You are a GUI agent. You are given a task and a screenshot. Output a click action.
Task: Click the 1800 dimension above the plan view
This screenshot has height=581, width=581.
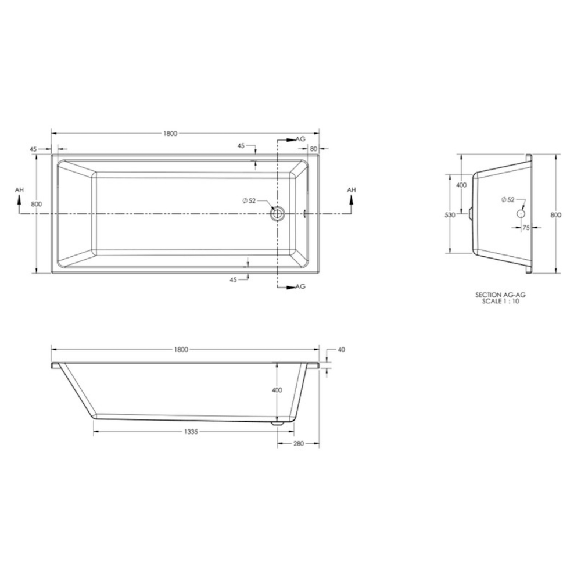click(x=170, y=133)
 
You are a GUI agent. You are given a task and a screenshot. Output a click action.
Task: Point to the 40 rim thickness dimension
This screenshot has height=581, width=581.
click(x=341, y=350)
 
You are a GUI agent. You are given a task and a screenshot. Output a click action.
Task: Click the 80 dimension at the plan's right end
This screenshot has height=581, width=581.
click(x=313, y=149)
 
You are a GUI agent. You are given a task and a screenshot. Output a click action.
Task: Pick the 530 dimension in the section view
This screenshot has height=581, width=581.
click(x=449, y=215)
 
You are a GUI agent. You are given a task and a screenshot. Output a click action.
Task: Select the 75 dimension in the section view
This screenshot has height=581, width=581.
click(x=526, y=228)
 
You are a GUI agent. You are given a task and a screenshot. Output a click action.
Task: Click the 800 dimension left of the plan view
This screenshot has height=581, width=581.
click(x=36, y=204)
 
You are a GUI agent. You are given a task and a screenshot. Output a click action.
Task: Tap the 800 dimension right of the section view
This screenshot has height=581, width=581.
click(x=556, y=214)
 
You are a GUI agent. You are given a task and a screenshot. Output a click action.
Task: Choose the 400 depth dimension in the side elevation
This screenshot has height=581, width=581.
click(x=277, y=390)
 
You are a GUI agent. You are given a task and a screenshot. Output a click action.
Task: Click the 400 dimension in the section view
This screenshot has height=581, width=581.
click(x=461, y=185)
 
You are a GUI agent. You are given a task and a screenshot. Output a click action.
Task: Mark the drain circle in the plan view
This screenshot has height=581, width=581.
click(x=277, y=214)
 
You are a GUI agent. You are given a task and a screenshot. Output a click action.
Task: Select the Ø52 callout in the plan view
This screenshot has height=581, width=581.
click(x=249, y=200)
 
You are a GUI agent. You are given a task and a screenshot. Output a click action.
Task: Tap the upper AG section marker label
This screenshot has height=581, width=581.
click(x=300, y=139)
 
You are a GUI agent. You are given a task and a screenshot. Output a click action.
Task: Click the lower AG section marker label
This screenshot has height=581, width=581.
click(x=300, y=286)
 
